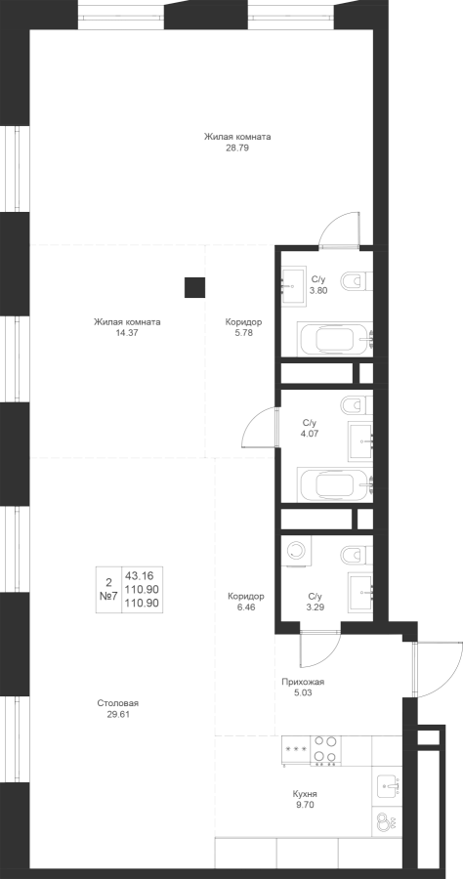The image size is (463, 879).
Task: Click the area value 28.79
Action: click(236, 148)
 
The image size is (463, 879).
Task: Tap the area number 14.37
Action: click(127, 332)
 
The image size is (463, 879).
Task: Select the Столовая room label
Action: click(118, 703)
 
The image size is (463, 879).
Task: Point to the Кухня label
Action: click(305, 794)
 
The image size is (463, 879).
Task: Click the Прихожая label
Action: click(303, 683)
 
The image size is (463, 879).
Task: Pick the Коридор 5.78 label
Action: click(243, 327)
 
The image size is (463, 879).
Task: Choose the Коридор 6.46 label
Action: click(246, 602)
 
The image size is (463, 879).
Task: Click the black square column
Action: click(195, 287)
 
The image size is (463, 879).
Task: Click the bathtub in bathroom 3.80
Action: click(335, 339)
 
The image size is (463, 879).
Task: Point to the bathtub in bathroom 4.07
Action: click(335, 484)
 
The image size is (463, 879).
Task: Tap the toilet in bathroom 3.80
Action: click(356, 280)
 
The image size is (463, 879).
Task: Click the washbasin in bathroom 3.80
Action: click(294, 286)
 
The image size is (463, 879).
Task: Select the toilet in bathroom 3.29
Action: click(356, 555)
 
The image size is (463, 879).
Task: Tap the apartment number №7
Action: click(108, 597)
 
